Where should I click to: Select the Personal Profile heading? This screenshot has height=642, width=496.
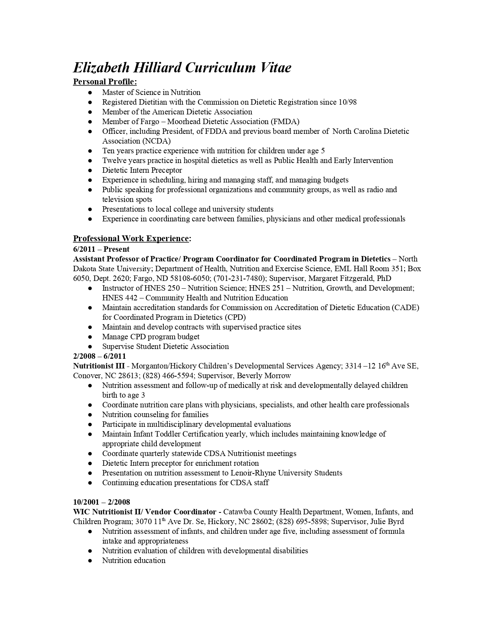pyautogui.click(x=105, y=82)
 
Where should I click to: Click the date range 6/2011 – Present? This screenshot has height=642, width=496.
pyautogui.click(x=101, y=249)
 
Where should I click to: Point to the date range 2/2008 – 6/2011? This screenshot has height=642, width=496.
pyautogui.click(x=100, y=356)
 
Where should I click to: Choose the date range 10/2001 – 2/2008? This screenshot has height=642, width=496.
pyautogui.click(x=102, y=502)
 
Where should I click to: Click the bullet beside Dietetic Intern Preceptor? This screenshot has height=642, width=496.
pyautogui.click(x=90, y=170)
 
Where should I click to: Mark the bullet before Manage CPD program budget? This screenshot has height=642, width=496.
pyautogui.click(x=90, y=337)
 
